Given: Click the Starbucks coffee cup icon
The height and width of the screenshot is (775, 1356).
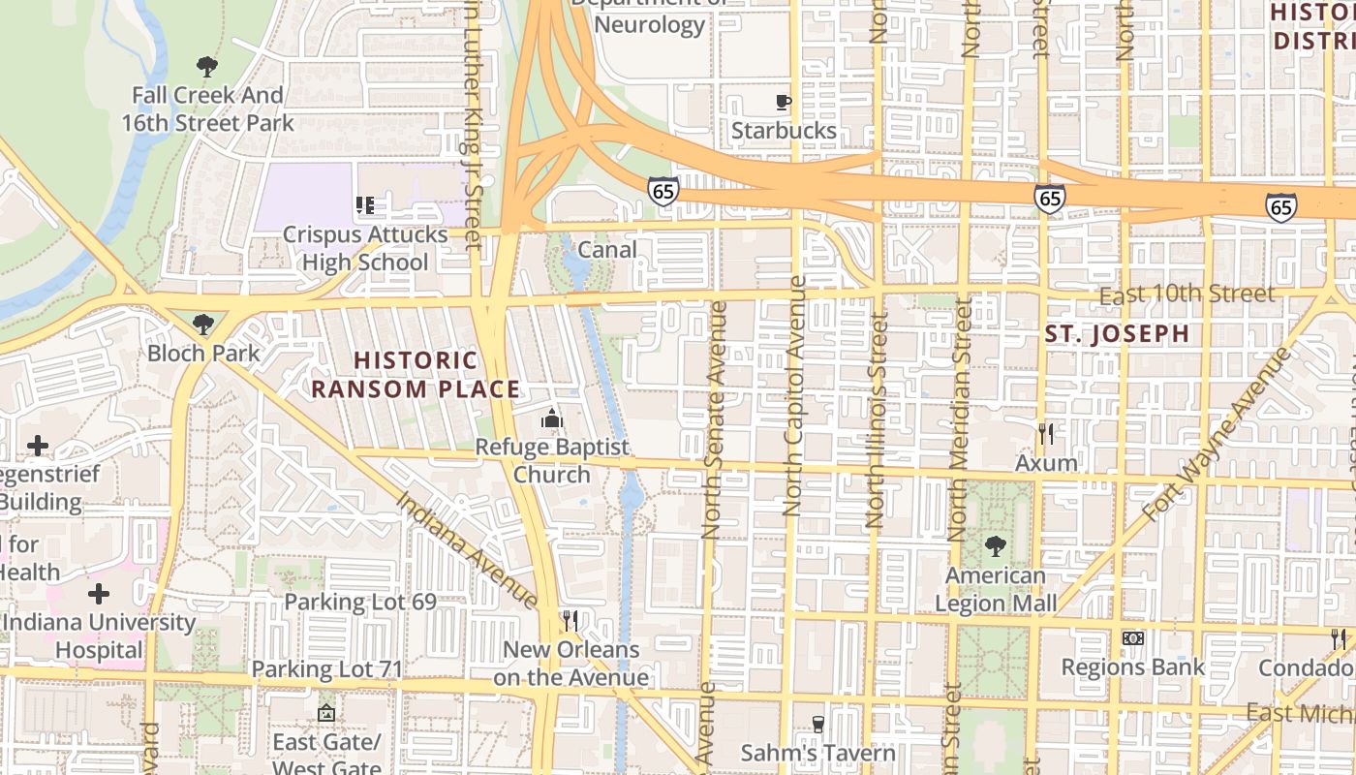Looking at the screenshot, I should click(784, 102).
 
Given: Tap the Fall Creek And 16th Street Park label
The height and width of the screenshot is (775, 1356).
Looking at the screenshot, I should click(207, 109).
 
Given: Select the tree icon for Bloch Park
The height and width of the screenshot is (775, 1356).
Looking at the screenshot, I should click(202, 324).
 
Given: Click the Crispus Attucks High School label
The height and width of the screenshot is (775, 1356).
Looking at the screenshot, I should click(365, 248).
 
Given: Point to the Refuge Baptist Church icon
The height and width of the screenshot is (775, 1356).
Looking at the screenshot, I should click(552, 419).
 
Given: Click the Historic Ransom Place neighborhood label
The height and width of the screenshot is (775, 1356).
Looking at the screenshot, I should click(415, 375).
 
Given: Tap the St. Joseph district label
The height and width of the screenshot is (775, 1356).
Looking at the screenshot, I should click(1117, 334).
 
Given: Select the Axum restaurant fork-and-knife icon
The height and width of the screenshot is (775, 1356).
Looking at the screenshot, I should click(1046, 434).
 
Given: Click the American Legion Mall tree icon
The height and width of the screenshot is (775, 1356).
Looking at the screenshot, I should click(995, 546).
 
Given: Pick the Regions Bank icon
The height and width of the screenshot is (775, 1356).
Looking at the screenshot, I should click(1132, 638).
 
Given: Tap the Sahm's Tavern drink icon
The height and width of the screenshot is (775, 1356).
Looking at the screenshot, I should click(818, 724).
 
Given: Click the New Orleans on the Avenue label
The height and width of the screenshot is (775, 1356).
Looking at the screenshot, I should click(570, 663).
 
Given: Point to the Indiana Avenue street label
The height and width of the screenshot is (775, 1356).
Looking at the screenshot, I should click(466, 549).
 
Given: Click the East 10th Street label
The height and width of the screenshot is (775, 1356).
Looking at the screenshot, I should click(1187, 294).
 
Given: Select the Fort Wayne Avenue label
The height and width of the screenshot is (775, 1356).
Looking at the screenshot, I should click(1217, 435).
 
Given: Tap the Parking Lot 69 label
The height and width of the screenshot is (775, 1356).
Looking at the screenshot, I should click(359, 602).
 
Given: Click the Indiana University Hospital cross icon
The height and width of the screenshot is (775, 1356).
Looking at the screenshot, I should click(98, 593).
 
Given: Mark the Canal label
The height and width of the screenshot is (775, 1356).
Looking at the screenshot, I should click(607, 250).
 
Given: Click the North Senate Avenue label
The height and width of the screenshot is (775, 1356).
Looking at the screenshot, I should click(714, 418).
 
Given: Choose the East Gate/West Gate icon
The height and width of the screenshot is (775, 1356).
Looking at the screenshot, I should click(326, 714).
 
